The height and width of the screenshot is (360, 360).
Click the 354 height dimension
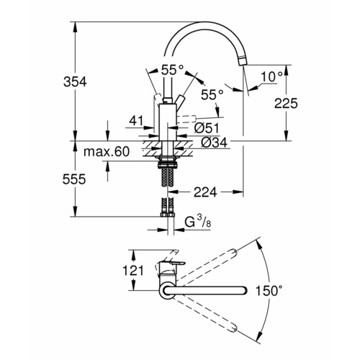coord(75,82)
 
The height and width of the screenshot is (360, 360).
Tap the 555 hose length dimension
coord(74,179)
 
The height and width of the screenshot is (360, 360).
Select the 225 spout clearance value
coord(286,104)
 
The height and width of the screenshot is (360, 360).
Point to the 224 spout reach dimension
coord(205,192)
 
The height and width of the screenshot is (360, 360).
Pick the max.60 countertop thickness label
coord(107,151)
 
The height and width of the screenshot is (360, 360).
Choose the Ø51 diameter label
coord(207,127)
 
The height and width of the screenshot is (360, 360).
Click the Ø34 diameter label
coord(214,143)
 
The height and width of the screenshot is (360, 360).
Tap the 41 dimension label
coord(136,121)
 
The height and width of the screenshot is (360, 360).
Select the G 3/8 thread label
coord(198,222)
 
